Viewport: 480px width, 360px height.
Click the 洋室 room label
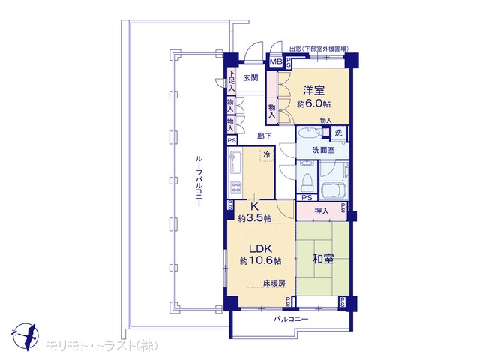(x=313, y=90)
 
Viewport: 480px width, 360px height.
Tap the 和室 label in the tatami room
(x=323, y=259)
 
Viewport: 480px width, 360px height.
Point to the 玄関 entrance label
(x=250, y=78)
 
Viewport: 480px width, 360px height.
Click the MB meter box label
(x=276, y=61)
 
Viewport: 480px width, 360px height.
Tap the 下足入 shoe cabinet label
(x=232, y=81)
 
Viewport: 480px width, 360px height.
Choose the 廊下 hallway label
(x=264, y=136)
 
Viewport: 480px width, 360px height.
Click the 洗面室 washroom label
(x=323, y=150)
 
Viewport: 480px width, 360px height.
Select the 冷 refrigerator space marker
(x=267, y=154)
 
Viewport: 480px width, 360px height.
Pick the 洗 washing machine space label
(x=338, y=133)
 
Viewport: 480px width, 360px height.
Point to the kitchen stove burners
(x=235, y=187)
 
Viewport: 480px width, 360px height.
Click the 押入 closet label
(x=322, y=211)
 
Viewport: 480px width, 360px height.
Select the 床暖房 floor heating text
(x=274, y=283)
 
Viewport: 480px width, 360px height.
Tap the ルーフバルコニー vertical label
(x=198, y=181)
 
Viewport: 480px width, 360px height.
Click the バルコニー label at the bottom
(x=291, y=319)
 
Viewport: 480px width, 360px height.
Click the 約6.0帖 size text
(x=313, y=103)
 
